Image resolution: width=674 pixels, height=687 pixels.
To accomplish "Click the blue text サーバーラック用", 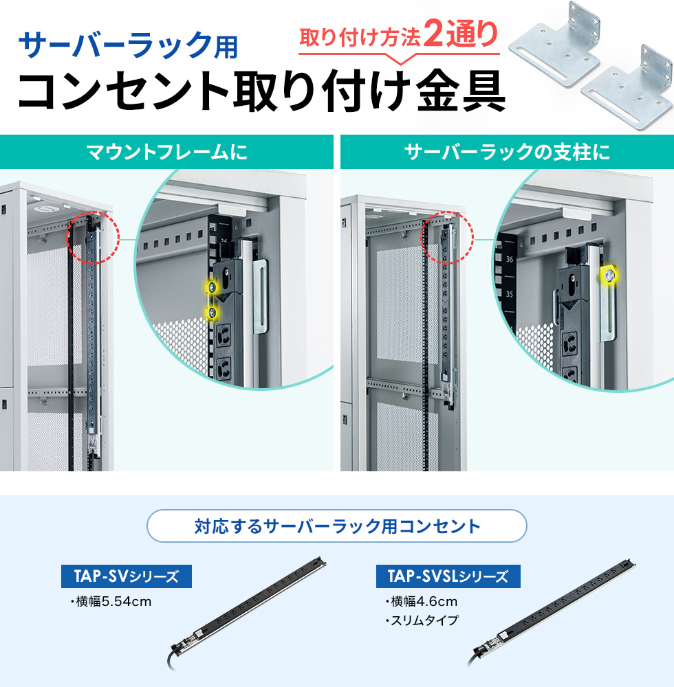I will point(129,46).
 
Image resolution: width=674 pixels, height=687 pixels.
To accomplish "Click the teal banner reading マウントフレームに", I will point(166,152).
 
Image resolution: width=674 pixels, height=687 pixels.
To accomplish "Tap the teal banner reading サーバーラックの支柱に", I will point(507,152).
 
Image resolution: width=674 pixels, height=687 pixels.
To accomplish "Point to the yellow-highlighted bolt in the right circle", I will point(609,275).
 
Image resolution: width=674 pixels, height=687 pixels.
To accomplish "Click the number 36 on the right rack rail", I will point(510,260).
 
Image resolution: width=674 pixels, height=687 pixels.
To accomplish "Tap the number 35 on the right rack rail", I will point(510,293).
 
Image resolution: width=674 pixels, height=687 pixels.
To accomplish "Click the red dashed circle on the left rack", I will point(93,237).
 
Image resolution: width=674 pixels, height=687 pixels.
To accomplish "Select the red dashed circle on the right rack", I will point(448,237).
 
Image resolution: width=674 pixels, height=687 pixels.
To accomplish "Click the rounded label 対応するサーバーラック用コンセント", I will point(337,527).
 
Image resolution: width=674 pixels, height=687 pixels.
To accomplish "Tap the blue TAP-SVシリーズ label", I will point(128,576).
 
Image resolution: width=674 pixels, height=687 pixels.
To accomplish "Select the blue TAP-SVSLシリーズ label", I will point(448,576).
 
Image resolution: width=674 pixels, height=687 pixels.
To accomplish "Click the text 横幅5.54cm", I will point(110,602).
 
